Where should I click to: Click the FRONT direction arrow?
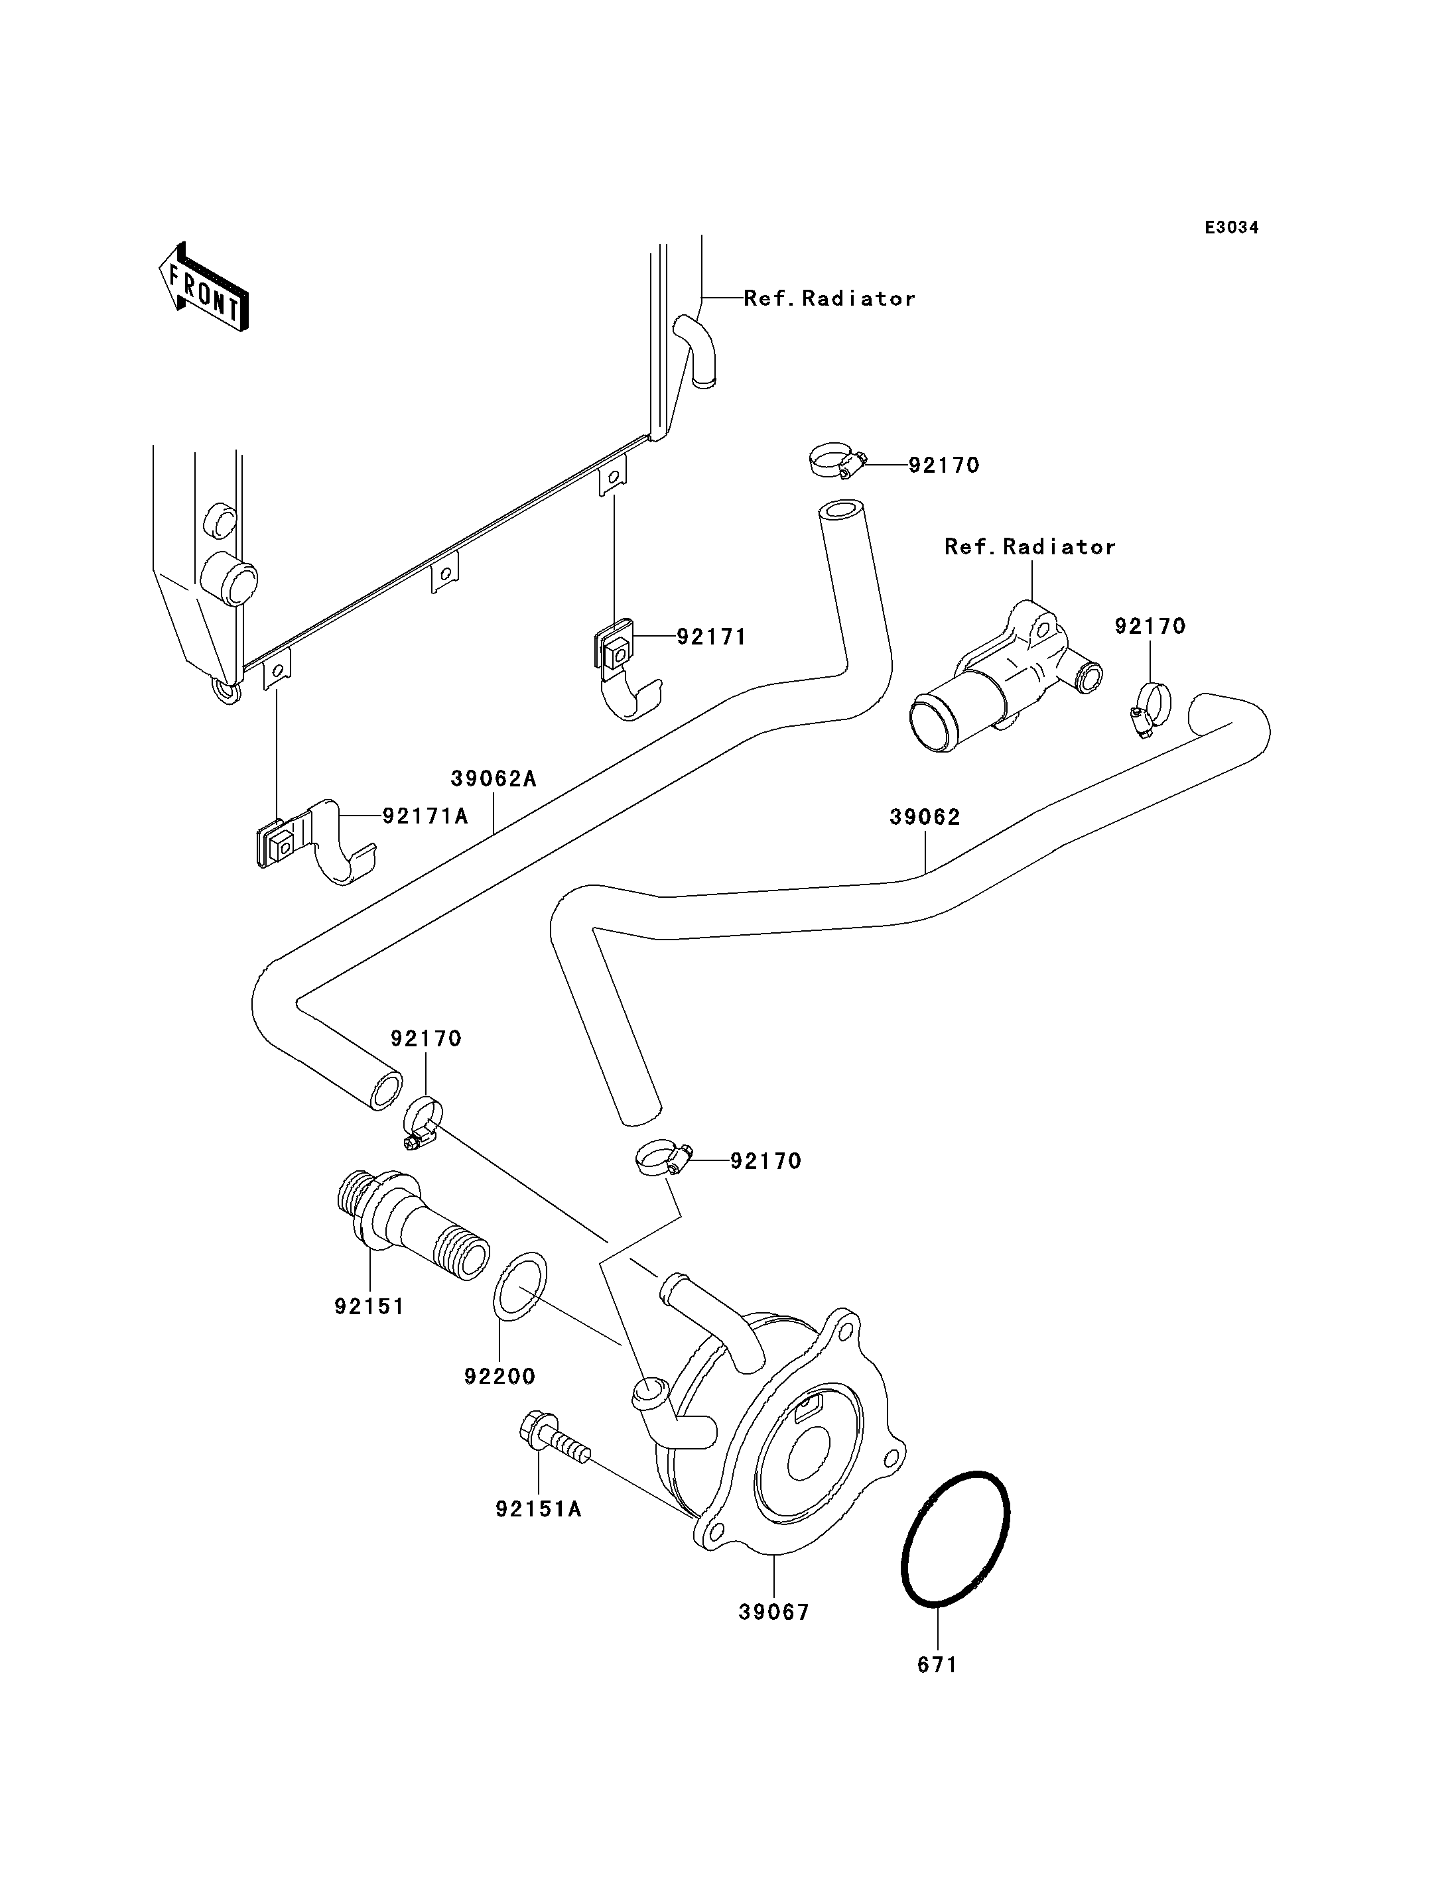pyautogui.click(x=204, y=288)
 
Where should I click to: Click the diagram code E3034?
pyautogui.click(x=1232, y=227)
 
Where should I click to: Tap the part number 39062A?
pyautogui.click(x=494, y=778)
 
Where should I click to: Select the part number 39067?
pyautogui.click(x=773, y=1612)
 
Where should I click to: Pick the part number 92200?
pyautogui.click(x=499, y=1376)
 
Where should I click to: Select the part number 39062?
pyautogui.click(x=925, y=817)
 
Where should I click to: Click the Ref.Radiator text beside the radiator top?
pyautogui.click(x=829, y=298)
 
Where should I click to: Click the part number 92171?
pyautogui.click(x=712, y=637)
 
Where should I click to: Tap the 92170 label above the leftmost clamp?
pyautogui.click(x=426, y=1038)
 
